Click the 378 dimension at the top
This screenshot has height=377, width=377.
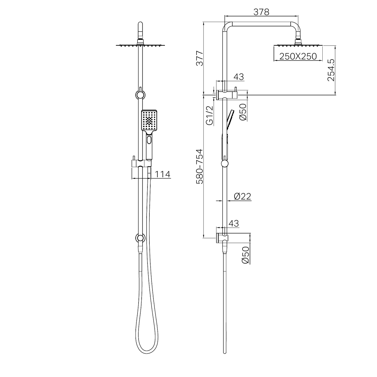click(x=261, y=12)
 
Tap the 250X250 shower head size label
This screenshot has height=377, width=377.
click(x=298, y=56)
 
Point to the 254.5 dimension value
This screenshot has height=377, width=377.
click(x=331, y=70)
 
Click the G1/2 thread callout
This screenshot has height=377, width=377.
click(x=210, y=115)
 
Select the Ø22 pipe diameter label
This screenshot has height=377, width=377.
click(x=243, y=196)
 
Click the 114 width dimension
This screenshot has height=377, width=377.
click(x=163, y=175)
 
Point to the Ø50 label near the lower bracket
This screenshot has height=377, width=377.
click(x=245, y=255)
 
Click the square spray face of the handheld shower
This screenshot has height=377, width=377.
click(x=150, y=121)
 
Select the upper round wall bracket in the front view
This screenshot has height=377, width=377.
click(x=140, y=94)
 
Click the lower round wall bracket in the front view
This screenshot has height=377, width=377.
click(x=140, y=238)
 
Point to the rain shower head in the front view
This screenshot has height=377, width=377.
click(x=140, y=46)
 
